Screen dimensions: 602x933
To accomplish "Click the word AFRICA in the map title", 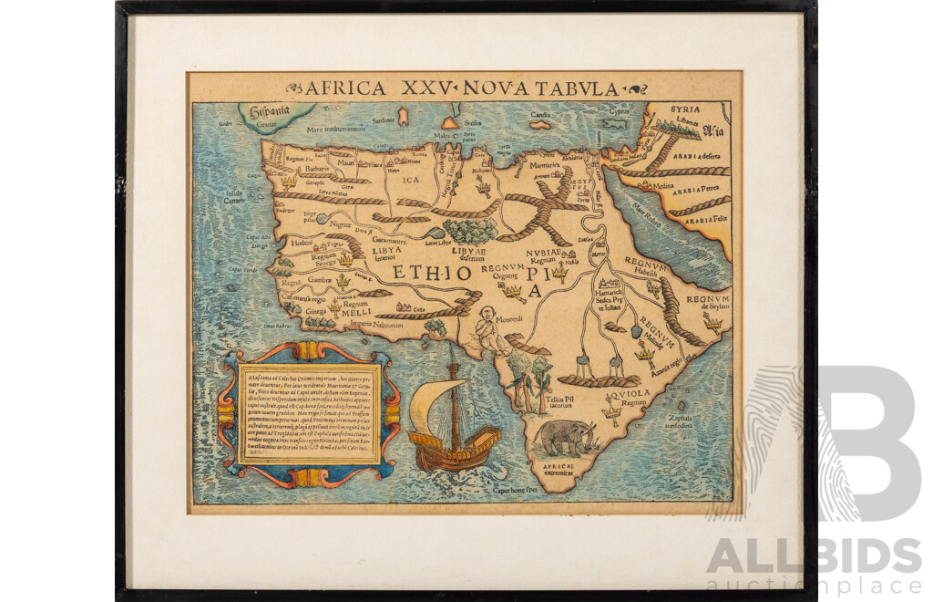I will (343, 88).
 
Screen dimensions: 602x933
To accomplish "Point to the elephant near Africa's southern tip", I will (566, 438).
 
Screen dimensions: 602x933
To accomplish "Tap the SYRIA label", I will (685, 109).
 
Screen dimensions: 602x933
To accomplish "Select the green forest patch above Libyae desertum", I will (470, 229).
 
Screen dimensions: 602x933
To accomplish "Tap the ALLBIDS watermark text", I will (814, 555).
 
